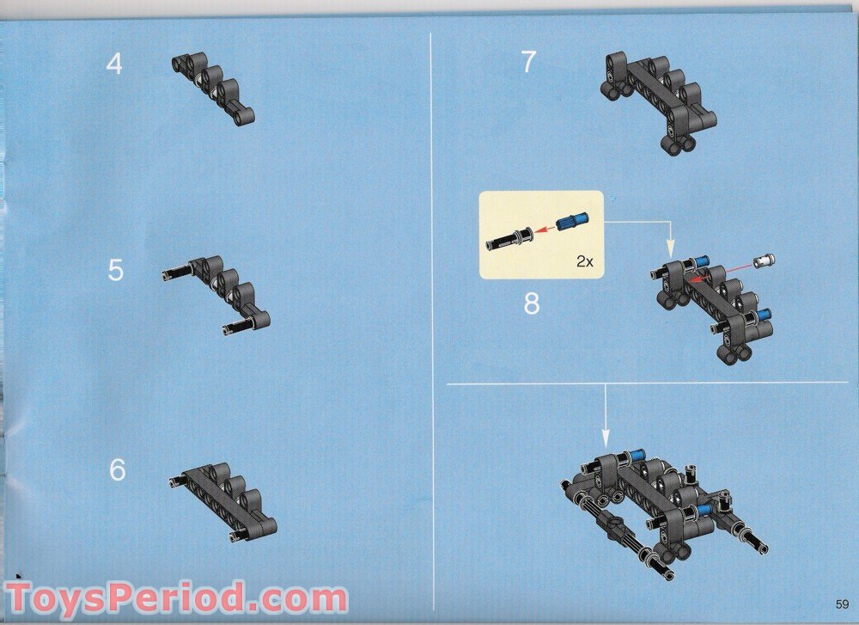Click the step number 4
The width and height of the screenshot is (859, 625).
coord(114,64)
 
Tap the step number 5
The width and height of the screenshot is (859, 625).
coord(116,270)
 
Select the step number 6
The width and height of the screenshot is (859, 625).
coord(117,470)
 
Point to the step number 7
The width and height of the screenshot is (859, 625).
coord(528,62)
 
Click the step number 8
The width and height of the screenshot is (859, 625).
coord(532,303)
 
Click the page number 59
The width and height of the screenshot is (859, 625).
coord(842,604)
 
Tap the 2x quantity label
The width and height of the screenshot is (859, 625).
coord(584,261)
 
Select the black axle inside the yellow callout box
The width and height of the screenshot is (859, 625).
coord(509,240)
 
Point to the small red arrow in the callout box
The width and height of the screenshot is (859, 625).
coord(545,230)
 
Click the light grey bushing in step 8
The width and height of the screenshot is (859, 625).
coord(765,260)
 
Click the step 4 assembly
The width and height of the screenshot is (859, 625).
coord(214,88)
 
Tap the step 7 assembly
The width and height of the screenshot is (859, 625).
coord(658,103)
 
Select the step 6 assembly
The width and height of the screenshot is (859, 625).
coord(223,502)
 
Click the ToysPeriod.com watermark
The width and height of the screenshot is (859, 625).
coord(176,597)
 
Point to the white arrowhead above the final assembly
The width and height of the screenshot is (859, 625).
coord(606,438)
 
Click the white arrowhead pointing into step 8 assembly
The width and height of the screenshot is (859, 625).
coord(669,249)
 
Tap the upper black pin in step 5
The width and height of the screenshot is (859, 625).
coord(177,272)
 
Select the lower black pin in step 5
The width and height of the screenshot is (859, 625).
coord(237,328)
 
